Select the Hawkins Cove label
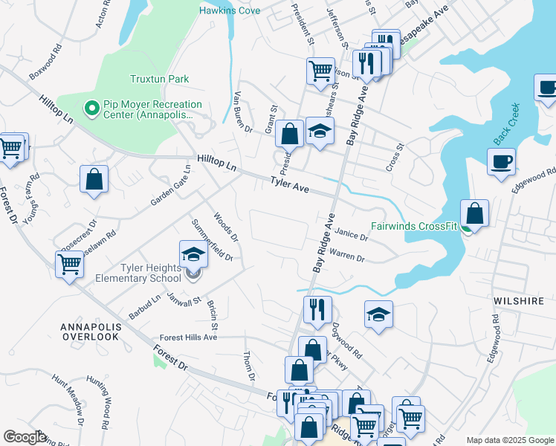point(228,10)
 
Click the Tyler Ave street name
point(289,185)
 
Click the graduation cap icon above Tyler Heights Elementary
point(193,255)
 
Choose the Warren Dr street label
point(346,257)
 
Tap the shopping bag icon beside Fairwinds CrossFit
point(474,214)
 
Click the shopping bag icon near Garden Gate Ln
point(94,179)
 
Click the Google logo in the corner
point(25,437)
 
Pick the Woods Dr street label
point(225,227)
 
